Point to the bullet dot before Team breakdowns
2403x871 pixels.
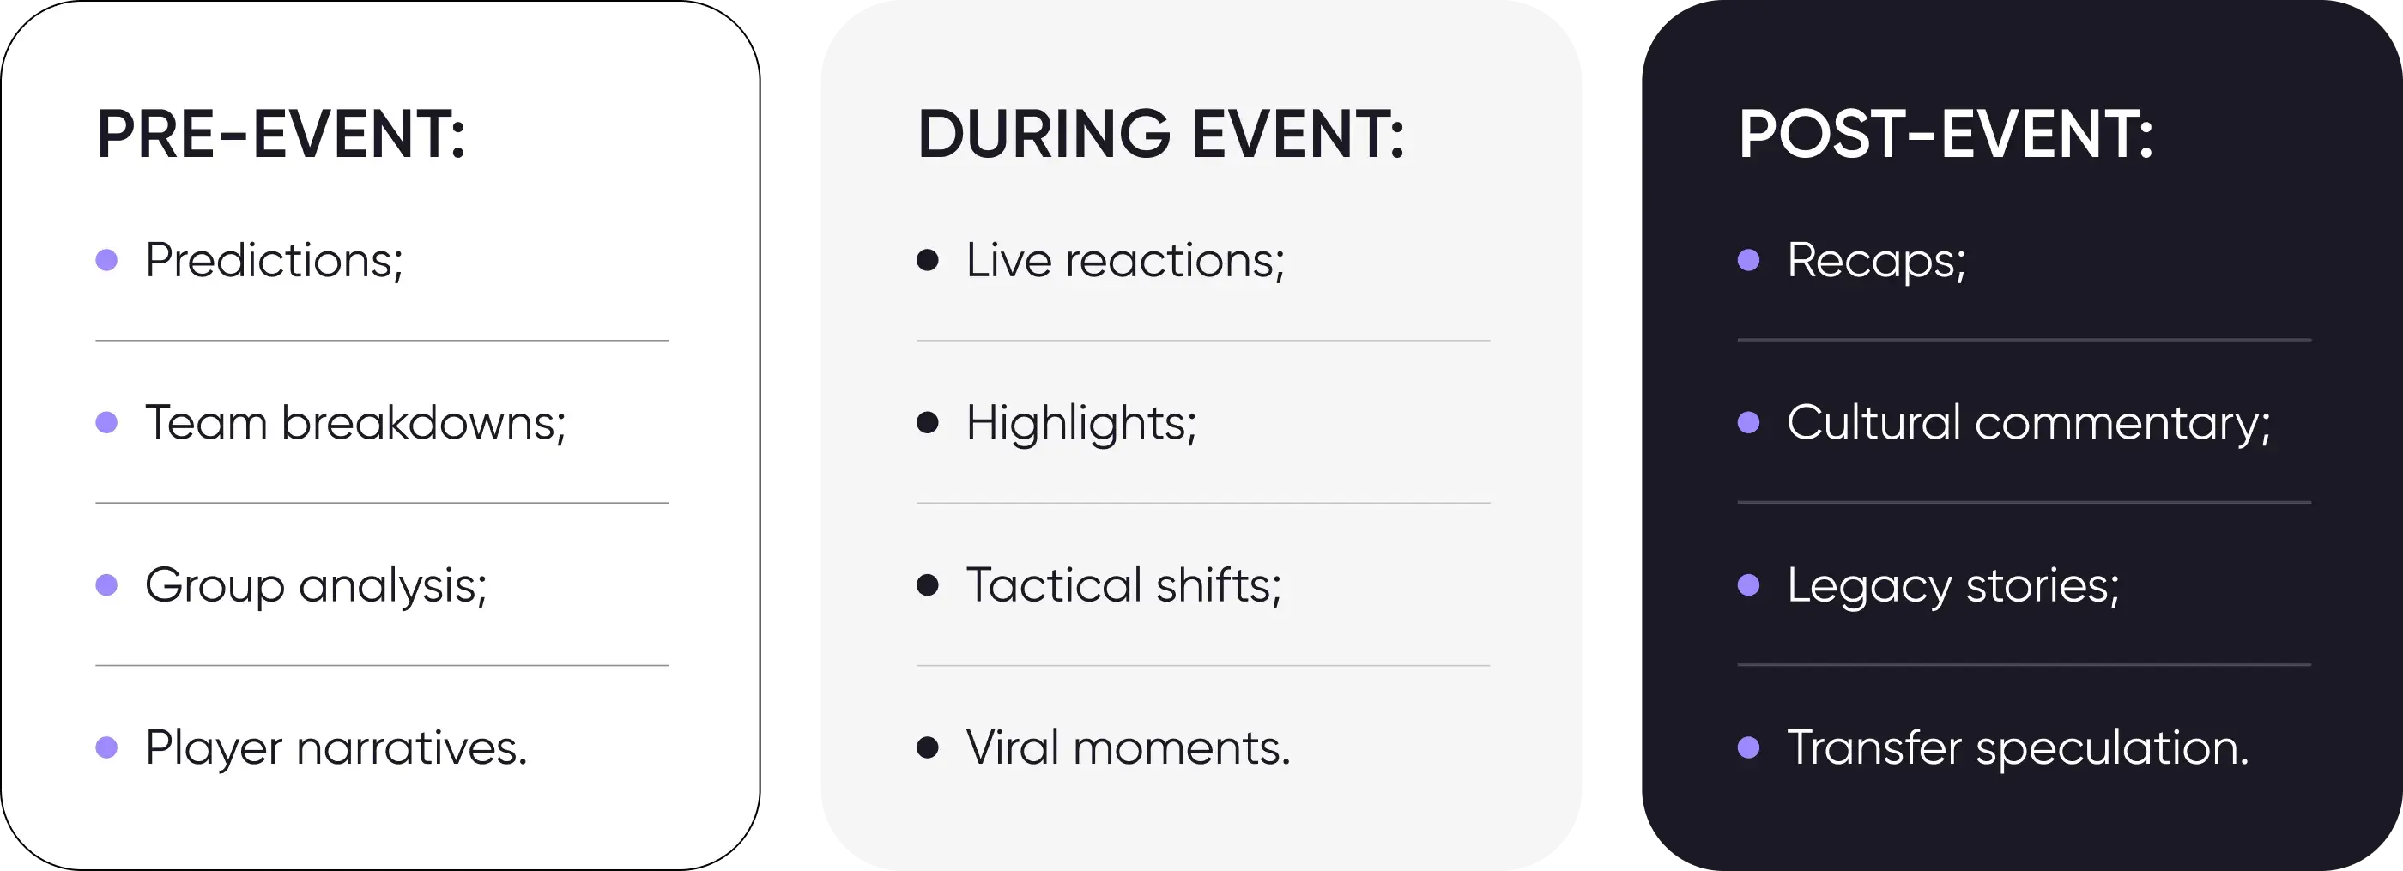tap(107, 422)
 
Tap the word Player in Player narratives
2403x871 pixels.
tap(214, 749)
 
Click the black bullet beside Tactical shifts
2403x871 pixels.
tap(927, 584)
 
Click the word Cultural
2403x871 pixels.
tap(1874, 422)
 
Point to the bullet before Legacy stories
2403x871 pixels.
tap(1749, 584)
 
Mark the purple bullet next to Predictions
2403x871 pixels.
tap(107, 259)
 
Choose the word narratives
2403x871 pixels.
tap(411, 749)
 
